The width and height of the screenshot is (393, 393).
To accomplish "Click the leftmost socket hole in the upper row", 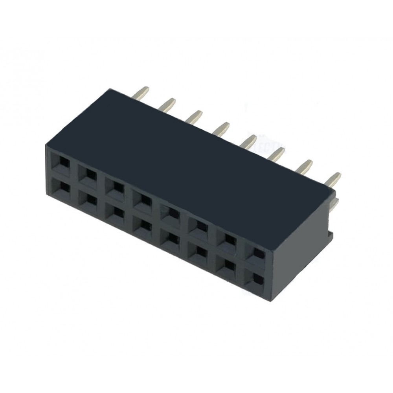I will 63,162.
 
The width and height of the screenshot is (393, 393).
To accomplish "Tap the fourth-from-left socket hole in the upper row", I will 145,200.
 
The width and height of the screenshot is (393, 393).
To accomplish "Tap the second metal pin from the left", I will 169,104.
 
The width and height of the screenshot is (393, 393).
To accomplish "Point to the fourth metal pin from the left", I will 222,129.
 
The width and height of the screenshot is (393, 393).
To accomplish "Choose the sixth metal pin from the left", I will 277,153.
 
